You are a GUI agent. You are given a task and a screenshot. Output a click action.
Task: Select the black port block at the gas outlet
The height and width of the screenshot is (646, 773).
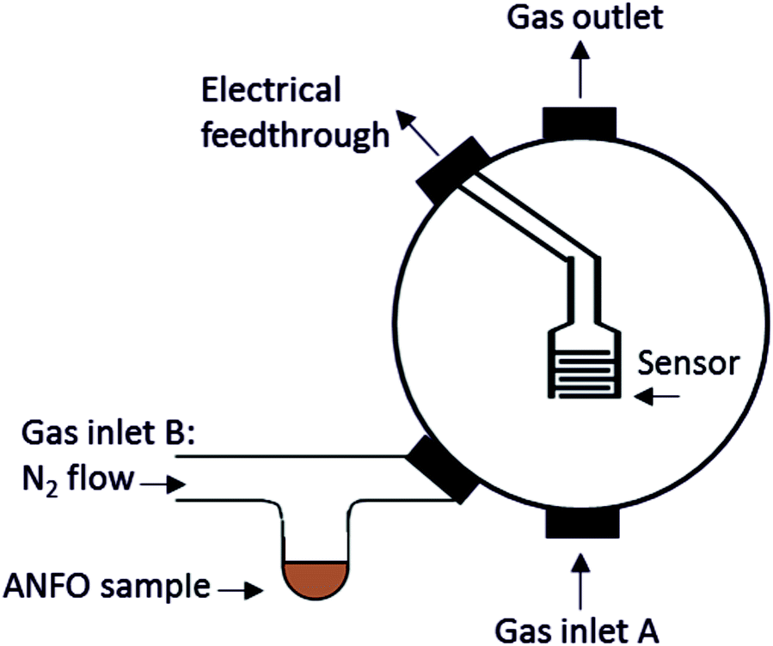pos(579,123)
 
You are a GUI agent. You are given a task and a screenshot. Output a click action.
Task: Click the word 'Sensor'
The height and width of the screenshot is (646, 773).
pos(688,363)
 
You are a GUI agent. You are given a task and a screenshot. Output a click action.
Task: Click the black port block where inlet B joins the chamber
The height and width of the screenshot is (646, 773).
pos(443,468)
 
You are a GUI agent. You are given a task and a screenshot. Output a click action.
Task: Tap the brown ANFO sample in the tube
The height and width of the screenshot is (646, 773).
pos(316,578)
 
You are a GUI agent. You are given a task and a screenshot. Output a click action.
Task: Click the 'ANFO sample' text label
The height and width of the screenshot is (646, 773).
pos(106,587)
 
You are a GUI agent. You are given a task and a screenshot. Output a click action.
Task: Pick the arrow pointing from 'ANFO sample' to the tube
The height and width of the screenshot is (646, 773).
pos(242,589)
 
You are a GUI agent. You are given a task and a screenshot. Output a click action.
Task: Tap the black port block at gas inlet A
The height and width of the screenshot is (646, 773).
pos(582,522)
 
